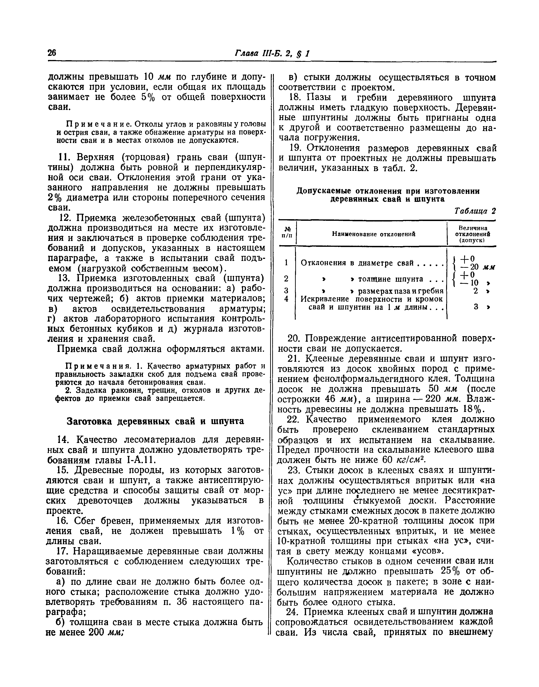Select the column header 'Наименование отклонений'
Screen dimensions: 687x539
click(373, 234)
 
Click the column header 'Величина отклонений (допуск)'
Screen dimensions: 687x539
click(472, 234)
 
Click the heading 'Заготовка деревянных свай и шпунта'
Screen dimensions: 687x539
click(155, 422)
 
